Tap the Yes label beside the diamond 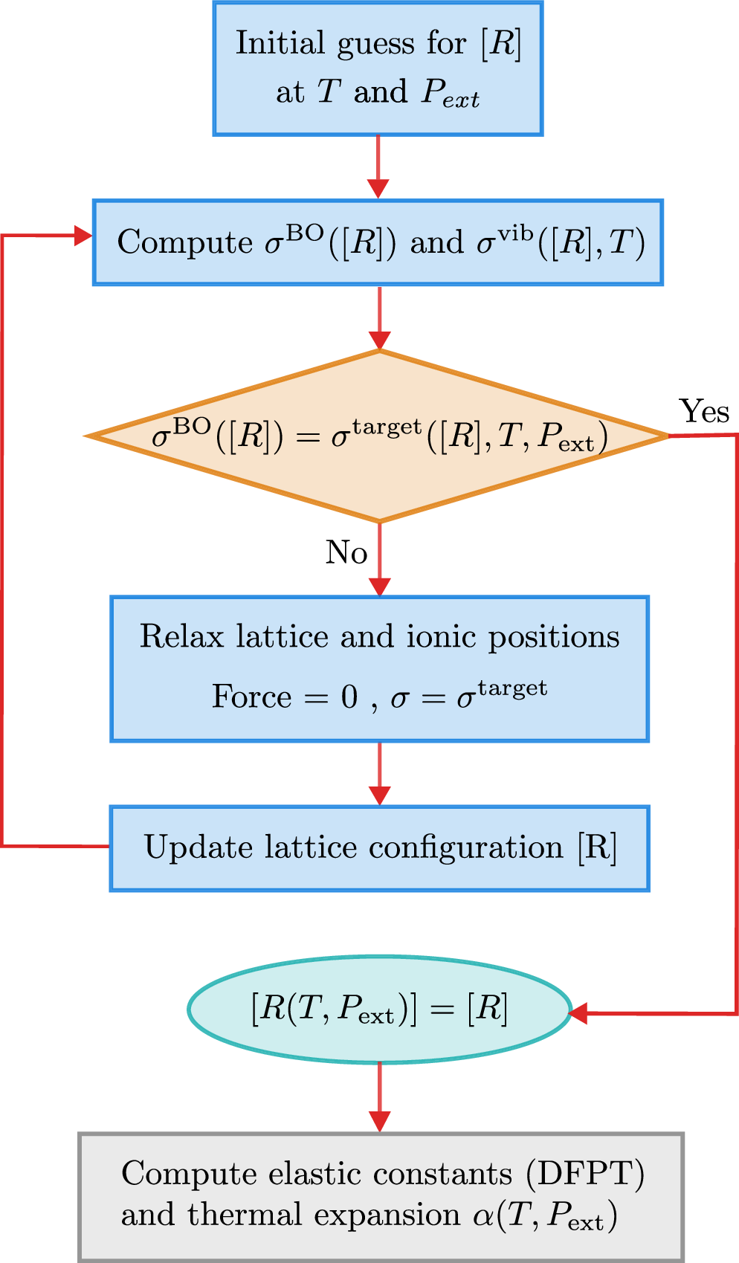[704, 411]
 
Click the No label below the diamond [346, 552]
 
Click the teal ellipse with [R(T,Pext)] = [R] [379, 1010]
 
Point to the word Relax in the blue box [181, 637]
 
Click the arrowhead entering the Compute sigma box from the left [83, 236]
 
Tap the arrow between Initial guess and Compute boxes [378, 167]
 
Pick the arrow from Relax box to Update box [379, 773]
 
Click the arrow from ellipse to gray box [379, 1097]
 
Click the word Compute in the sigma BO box [185, 243]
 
